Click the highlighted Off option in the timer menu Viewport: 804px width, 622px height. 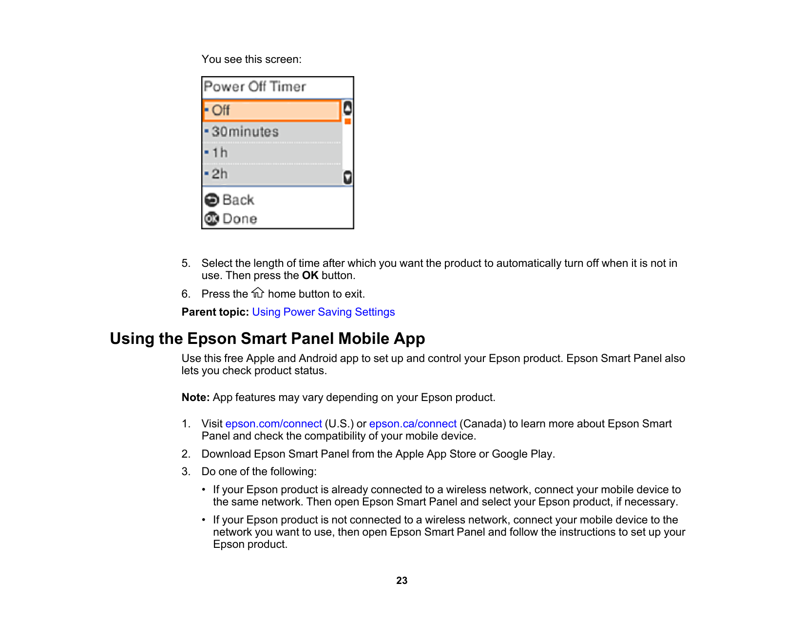[x=271, y=110]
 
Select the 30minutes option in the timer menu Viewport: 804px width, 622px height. [x=271, y=132]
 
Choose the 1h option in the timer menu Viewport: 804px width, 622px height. [x=271, y=153]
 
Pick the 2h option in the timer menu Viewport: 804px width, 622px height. [x=271, y=174]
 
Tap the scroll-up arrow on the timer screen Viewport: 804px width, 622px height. [x=347, y=108]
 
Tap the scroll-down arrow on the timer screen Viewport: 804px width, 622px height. [x=347, y=177]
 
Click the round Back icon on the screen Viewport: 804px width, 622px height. [x=211, y=200]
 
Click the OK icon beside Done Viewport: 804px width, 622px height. [x=211, y=219]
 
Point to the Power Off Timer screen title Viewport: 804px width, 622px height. [x=255, y=87]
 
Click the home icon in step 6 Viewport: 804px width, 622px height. [x=258, y=293]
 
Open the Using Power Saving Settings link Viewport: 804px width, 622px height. [x=323, y=312]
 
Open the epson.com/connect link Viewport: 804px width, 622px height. [x=273, y=424]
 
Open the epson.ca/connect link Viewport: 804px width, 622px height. [x=413, y=424]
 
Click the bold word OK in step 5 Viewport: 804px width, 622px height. [x=310, y=276]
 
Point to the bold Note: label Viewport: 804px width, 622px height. [x=195, y=398]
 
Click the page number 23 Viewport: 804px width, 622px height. [x=402, y=581]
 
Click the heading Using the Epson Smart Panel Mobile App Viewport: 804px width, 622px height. [x=267, y=339]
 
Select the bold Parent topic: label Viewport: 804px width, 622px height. [x=215, y=312]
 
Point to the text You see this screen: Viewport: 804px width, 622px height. [x=251, y=60]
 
